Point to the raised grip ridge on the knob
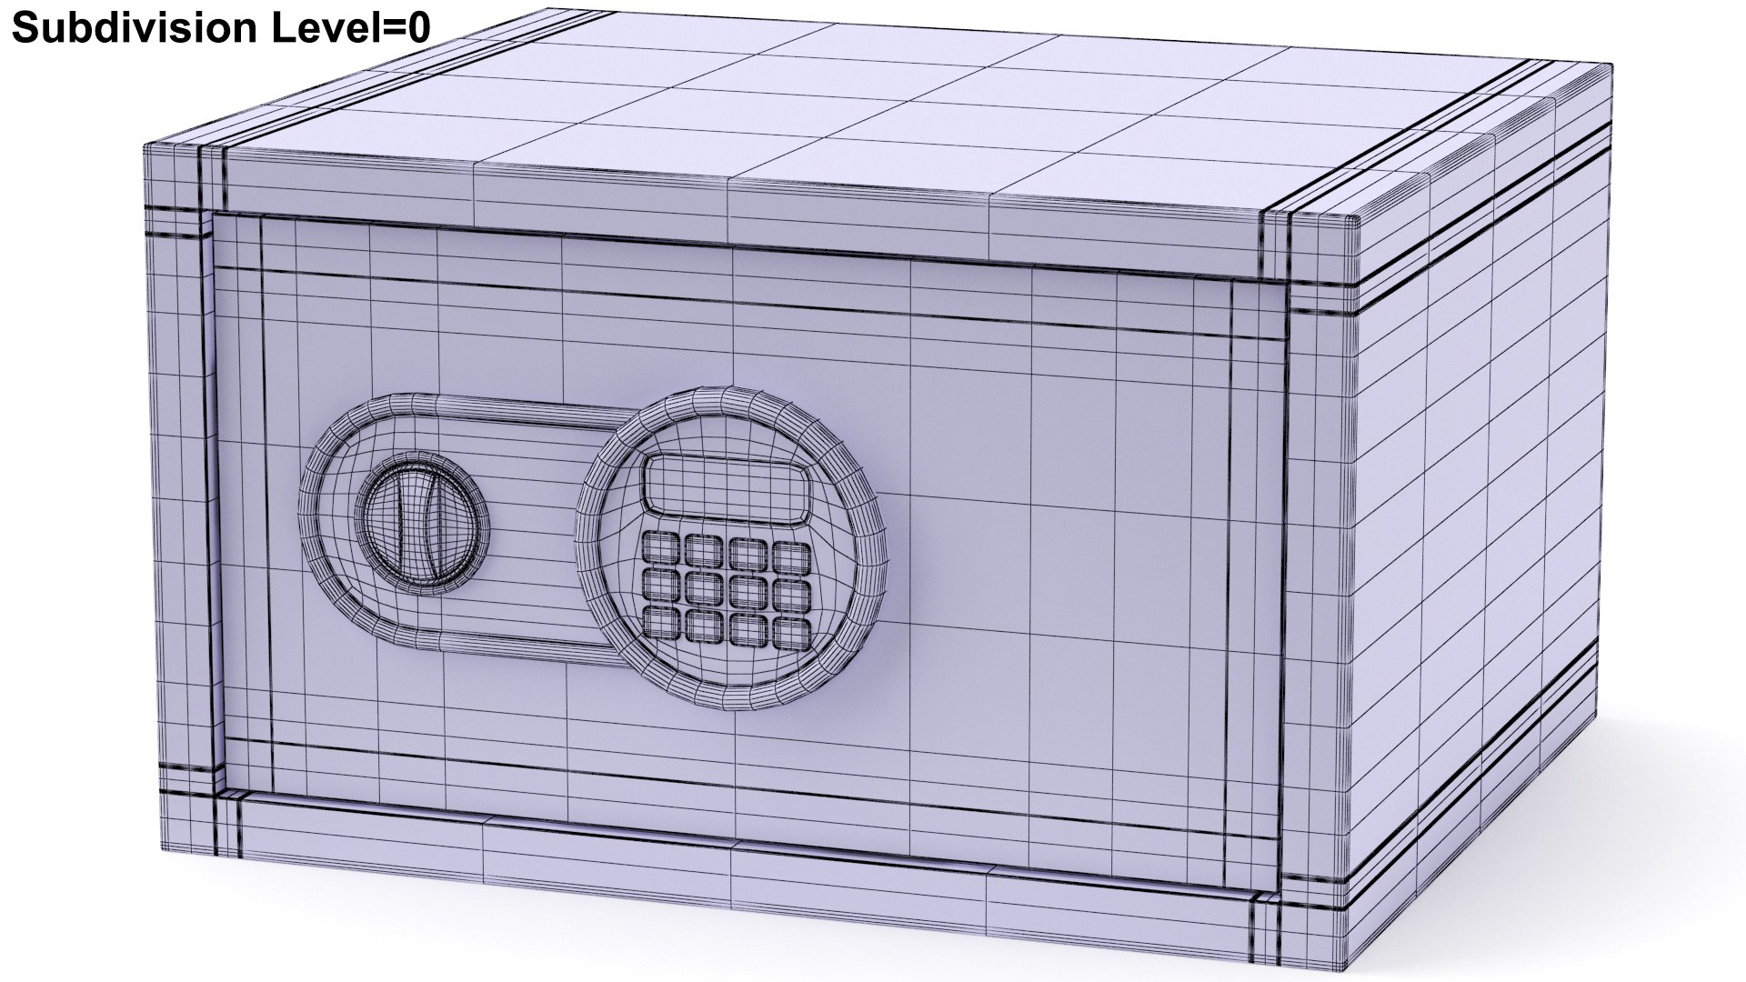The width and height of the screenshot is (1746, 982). [409, 521]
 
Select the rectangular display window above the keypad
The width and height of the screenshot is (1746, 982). [724, 484]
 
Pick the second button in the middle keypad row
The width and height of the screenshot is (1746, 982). [702, 586]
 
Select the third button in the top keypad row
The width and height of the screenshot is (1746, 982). [747, 551]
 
